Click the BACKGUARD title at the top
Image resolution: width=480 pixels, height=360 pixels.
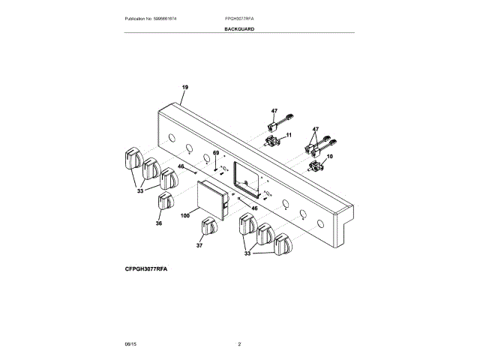(239, 28)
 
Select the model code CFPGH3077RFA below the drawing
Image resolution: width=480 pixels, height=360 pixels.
(146, 268)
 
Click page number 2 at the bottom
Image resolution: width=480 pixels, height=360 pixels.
(239, 343)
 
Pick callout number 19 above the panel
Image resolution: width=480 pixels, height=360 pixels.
(184, 88)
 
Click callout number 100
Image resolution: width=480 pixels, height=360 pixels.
(184, 214)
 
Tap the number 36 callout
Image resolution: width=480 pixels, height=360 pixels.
(158, 223)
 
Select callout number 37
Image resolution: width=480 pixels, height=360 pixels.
(199, 245)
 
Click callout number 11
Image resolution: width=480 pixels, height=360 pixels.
(287, 134)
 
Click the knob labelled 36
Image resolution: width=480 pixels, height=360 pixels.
(166, 201)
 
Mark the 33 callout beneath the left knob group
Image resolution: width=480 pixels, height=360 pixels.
(139, 191)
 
